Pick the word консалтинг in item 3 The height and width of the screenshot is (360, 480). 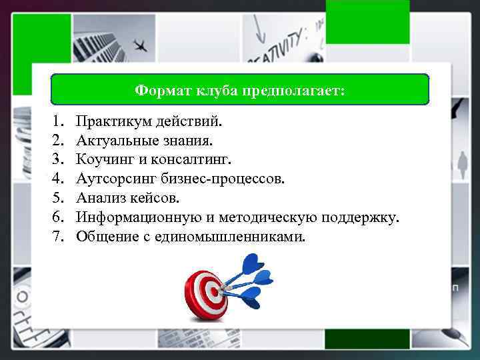[197, 160]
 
